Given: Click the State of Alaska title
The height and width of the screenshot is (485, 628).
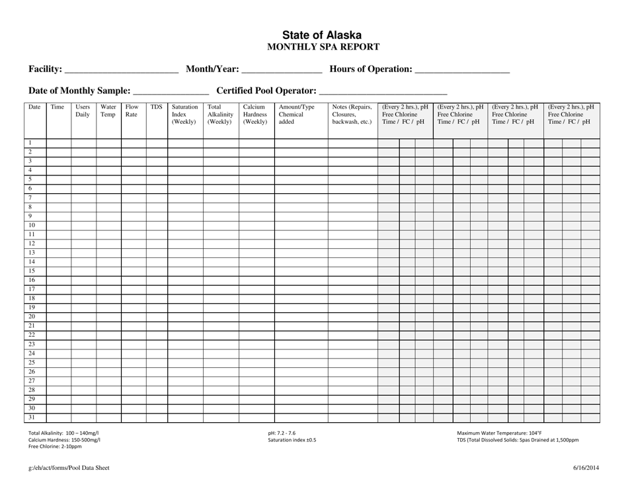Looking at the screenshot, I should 322,35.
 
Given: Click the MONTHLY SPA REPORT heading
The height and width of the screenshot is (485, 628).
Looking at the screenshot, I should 322,47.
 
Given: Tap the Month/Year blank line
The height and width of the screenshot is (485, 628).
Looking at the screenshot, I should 282,69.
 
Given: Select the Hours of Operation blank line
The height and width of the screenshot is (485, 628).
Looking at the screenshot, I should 462,69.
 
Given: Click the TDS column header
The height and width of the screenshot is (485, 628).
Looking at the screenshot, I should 156,107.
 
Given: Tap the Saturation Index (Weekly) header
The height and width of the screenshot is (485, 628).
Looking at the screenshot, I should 184,114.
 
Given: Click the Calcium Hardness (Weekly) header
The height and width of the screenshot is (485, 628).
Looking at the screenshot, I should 255,114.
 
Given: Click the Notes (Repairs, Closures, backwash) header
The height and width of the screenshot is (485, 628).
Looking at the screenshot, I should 352,114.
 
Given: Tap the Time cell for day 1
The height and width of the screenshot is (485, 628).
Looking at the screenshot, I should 58,143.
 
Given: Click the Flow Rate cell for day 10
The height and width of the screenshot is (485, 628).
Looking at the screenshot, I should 133,225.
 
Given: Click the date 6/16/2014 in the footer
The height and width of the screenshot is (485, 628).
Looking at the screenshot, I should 586,469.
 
